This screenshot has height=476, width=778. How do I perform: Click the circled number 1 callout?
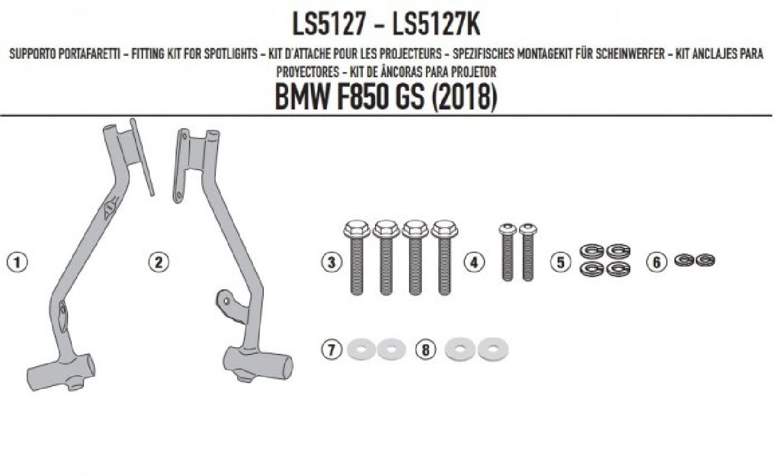click(x=17, y=262)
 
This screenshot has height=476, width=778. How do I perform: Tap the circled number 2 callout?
click(x=159, y=262)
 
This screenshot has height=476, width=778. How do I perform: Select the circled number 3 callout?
click(x=331, y=262)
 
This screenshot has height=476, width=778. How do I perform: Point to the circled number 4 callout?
click(x=474, y=262)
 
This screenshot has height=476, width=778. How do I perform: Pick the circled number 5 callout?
click(x=560, y=262)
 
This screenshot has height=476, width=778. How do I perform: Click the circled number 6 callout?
click(x=656, y=262)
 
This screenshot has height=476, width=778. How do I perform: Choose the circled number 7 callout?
click(x=331, y=349)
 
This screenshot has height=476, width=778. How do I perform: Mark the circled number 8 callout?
click(x=425, y=349)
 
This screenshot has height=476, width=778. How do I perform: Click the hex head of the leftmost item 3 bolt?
click(x=357, y=229)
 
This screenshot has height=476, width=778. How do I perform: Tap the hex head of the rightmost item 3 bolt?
click(x=444, y=229)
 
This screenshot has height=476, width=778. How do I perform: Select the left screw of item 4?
click(x=508, y=252)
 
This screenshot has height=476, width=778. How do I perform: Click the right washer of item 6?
click(x=706, y=260)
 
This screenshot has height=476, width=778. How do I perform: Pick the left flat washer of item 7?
click(x=361, y=349)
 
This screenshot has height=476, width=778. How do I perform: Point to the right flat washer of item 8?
click(x=493, y=349)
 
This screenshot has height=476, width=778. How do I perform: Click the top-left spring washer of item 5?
click(x=591, y=251)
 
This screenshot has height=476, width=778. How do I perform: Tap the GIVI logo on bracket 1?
click(x=111, y=208)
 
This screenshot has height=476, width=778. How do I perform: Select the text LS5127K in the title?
click(x=436, y=25)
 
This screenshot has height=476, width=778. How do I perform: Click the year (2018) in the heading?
click(x=464, y=98)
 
